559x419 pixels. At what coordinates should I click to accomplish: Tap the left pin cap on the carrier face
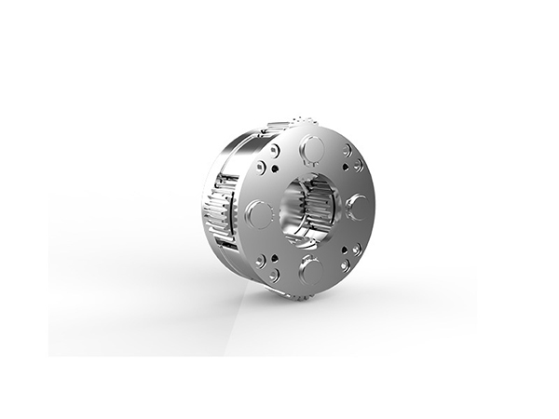pos(259,213)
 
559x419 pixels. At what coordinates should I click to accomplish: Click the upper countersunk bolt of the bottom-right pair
pos(357,249)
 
